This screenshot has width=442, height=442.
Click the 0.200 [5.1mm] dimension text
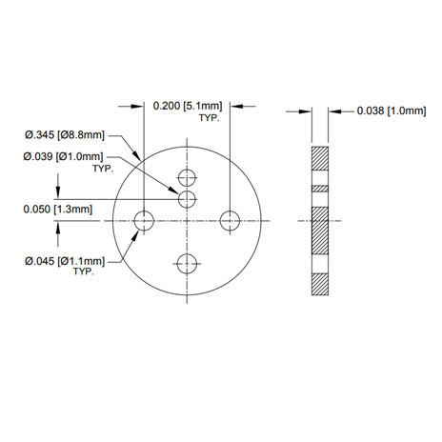(x=188, y=106)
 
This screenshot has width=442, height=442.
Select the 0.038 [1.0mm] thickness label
(x=392, y=110)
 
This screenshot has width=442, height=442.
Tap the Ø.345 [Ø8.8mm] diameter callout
(x=65, y=135)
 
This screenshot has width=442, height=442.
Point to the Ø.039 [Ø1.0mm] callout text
(x=63, y=156)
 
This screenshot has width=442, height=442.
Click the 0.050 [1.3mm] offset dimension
(x=58, y=210)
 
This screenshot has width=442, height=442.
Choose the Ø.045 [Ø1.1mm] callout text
(x=65, y=261)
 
